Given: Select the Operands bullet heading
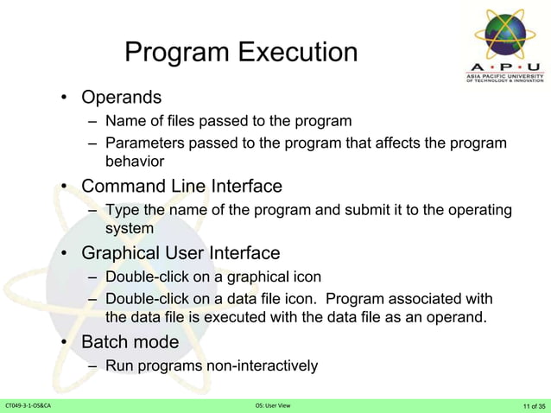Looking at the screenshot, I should [x=121, y=95].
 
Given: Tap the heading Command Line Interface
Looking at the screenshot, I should [x=181, y=186].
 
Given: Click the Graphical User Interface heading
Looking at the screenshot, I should [x=180, y=253].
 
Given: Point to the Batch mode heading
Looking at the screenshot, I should [x=130, y=342].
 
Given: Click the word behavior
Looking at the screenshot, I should [x=134, y=161].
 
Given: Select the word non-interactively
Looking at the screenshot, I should [x=263, y=366].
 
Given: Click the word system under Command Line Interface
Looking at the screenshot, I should [x=130, y=228].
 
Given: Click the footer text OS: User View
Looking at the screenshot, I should [x=275, y=405].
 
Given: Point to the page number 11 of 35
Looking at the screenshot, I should [x=533, y=405].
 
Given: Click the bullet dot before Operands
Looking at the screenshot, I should [x=65, y=96].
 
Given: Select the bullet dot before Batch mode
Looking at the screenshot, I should [x=65, y=343].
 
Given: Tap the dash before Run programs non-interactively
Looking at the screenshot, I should [x=92, y=366].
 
